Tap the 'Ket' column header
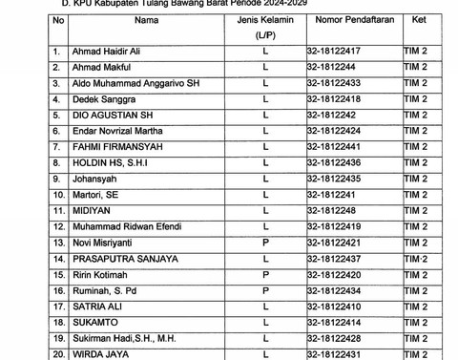420,18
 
